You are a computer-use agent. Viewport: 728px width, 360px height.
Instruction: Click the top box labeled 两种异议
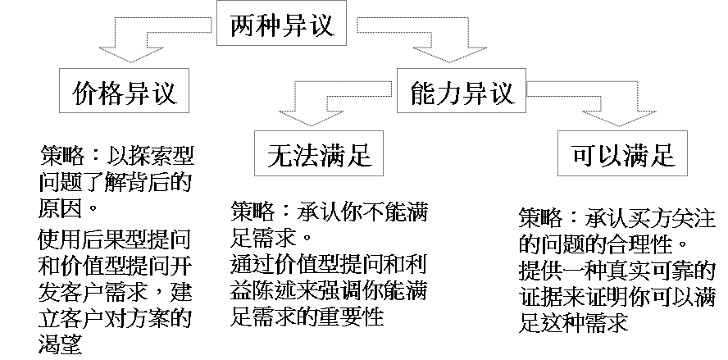277,25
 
